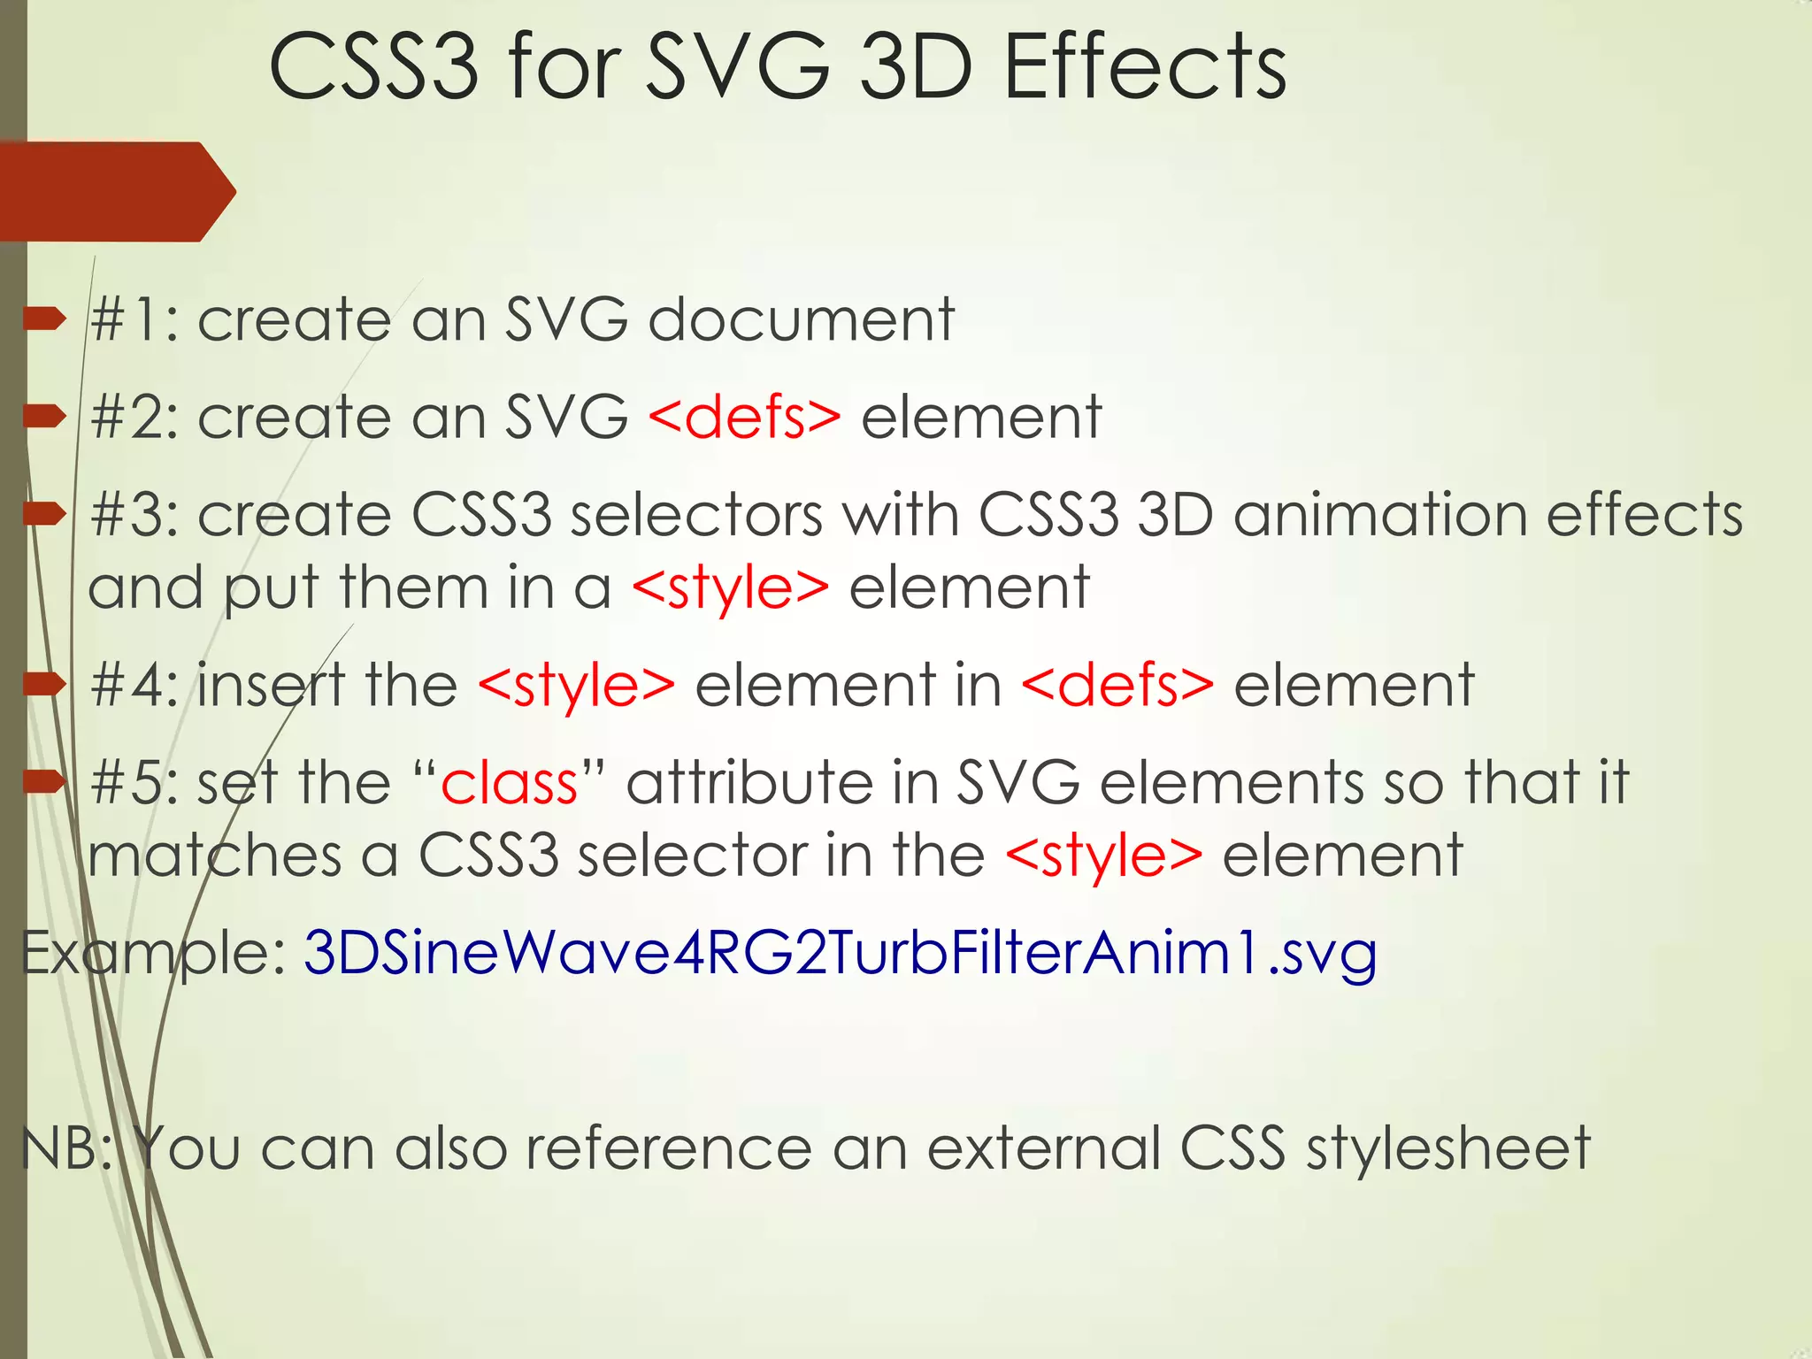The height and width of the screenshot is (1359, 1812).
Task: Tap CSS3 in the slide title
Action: point(373,67)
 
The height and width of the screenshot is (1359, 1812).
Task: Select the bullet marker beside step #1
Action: point(45,319)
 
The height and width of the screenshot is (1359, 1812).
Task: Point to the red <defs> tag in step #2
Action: point(744,417)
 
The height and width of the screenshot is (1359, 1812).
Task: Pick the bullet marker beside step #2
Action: point(45,416)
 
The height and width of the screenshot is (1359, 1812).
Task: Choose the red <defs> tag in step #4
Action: point(1117,686)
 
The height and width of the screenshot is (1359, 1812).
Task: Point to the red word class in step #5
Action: point(509,783)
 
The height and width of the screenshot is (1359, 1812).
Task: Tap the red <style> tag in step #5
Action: point(1104,856)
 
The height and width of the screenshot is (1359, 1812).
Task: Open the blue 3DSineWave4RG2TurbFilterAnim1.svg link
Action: point(840,954)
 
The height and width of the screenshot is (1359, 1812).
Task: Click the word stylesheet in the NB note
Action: point(1448,1148)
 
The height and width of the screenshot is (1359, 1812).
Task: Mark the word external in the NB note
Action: point(1043,1148)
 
